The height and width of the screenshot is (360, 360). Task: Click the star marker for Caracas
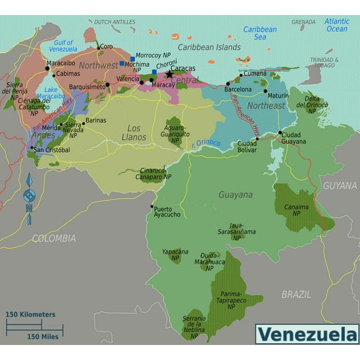coord(169,74)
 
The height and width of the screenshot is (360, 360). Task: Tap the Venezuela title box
coord(307,334)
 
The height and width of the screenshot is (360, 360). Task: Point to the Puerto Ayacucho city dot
coord(152,207)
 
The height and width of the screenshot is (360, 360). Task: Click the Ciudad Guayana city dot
coord(280,132)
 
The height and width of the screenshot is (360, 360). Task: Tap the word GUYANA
coord(340,186)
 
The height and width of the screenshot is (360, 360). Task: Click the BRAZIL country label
coord(296,294)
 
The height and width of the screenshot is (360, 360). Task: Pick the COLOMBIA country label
coord(54,238)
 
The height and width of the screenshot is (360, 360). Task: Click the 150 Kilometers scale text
coord(31,314)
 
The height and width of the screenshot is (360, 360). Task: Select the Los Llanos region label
coord(133,132)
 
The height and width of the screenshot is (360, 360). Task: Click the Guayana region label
coord(236,194)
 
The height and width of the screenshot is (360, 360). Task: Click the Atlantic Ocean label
coord(336,25)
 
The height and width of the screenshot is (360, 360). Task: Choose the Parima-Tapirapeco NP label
coord(231,299)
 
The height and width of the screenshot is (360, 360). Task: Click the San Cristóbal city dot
coord(31,148)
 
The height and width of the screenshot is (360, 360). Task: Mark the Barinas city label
coord(96,120)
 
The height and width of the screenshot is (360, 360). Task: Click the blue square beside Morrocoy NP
coord(132,59)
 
